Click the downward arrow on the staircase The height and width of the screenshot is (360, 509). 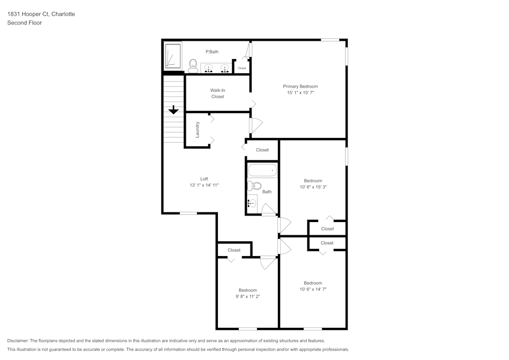pyautogui.click(x=174, y=109)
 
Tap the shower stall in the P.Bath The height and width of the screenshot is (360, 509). pyautogui.click(x=173, y=56)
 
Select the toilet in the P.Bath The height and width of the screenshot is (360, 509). pyautogui.click(x=193, y=65)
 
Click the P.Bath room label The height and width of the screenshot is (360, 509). pyautogui.click(x=212, y=51)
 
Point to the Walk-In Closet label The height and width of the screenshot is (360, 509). pyautogui.click(x=217, y=93)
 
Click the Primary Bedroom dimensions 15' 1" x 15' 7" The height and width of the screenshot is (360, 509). pyautogui.click(x=300, y=93)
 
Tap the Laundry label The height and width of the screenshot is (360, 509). pyautogui.click(x=197, y=129)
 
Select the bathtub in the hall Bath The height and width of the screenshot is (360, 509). pyautogui.click(x=262, y=170)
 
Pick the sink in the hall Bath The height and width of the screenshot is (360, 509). pyautogui.click(x=251, y=203)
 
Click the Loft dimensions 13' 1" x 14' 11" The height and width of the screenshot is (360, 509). pyautogui.click(x=204, y=185)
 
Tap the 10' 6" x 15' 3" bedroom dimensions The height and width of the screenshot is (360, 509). pyautogui.click(x=313, y=187)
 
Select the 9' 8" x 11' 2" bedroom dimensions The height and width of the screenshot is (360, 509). pyautogui.click(x=248, y=296)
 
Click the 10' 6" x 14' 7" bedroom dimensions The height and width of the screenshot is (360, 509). pyautogui.click(x=313, y=289)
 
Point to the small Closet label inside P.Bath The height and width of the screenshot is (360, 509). pyautogui.click(x=242, y=68)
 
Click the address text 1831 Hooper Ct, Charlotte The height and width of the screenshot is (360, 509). pyautogui.click(x=41, y=14)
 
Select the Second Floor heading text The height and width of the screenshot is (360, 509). pyautogui.click(x=24, y=23)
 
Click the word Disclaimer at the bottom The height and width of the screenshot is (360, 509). pyautogui.click(x=18, y=341)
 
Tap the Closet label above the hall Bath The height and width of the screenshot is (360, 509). pyautogui.click(x=262, y=150)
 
